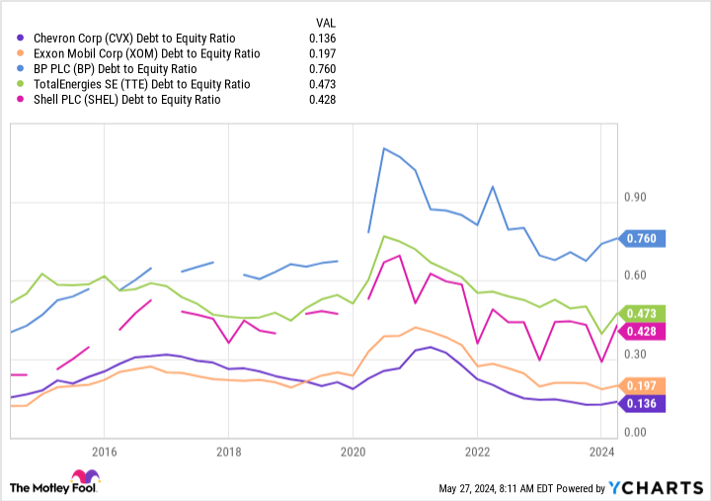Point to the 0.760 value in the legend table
click(322, 69)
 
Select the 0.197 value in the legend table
click(322, 53)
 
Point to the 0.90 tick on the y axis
click(635, 198)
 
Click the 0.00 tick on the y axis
click(635, 433)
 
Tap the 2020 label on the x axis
click(353, 452)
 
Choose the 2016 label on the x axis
click(105, 452)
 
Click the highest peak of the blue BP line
click(383, 148)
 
